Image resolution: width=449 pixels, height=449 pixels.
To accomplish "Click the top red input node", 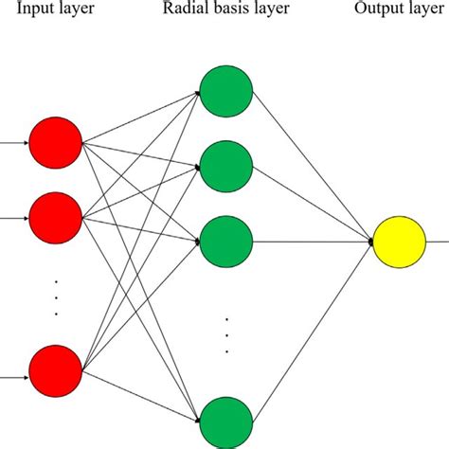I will [55, 144].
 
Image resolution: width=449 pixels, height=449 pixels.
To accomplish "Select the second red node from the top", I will [55, 217].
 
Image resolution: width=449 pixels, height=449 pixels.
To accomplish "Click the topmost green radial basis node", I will [226, 92].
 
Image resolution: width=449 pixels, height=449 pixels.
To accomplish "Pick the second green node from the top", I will [226, 167].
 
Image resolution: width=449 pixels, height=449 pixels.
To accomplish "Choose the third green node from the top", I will [226, 242].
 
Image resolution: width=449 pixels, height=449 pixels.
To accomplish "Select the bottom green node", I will [226, 422].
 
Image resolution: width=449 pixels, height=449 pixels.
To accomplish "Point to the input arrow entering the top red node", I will [13, 144].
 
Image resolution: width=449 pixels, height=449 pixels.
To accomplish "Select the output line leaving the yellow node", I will [438, 242].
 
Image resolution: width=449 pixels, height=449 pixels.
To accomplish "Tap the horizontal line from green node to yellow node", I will [313, 242].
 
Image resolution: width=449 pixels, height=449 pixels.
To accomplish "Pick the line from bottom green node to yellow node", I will [313, 332].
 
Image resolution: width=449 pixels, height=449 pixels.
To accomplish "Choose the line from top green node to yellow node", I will [313, 167].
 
